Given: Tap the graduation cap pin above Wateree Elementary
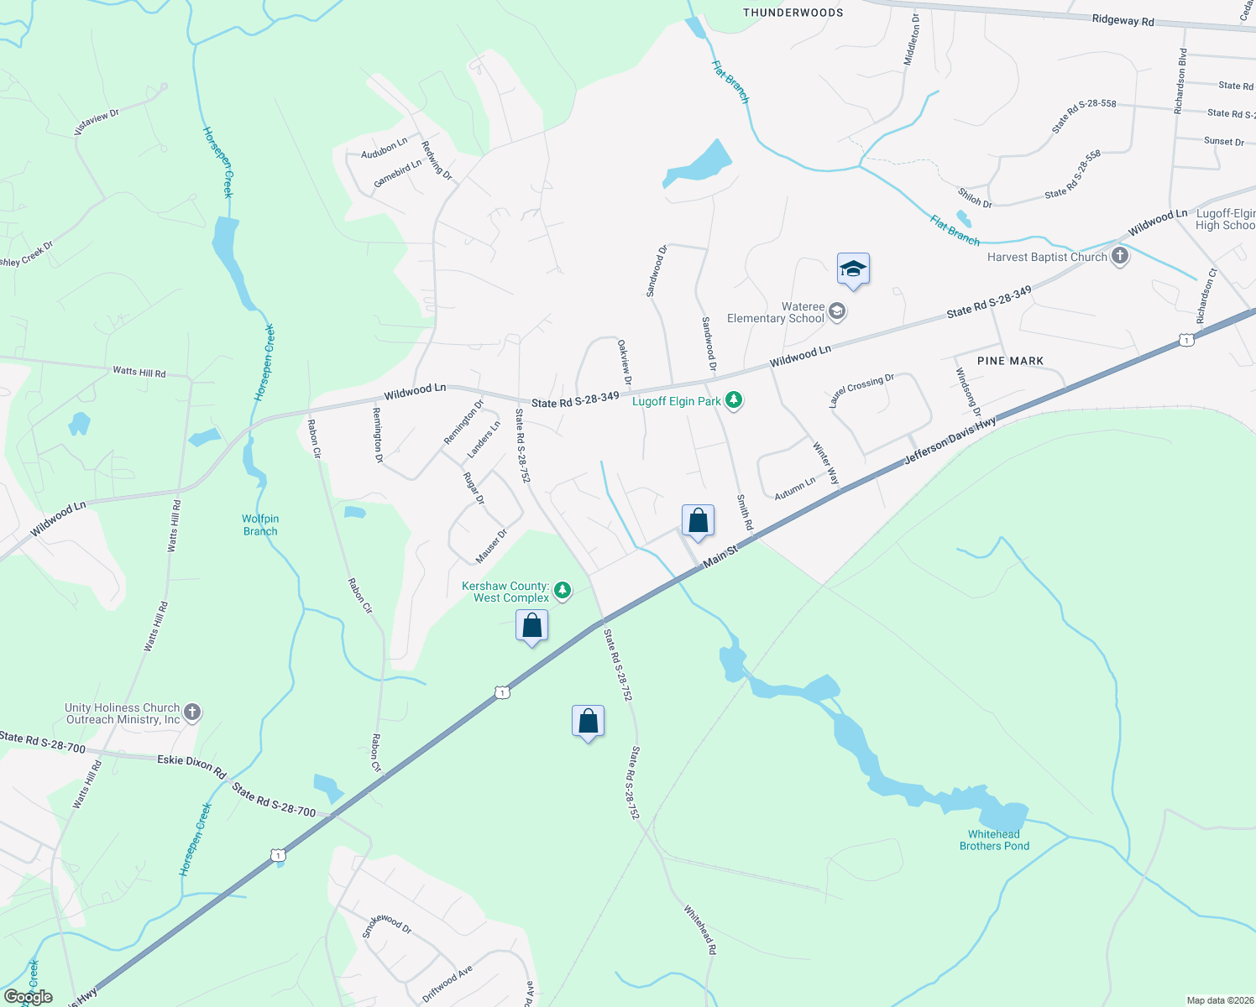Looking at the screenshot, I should point(853,270).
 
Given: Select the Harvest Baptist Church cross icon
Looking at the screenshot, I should point(1119,257).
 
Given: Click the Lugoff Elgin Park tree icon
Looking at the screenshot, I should point(734,400).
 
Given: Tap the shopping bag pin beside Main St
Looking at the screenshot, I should point(698,522).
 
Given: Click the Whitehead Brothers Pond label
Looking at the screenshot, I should point(994,840).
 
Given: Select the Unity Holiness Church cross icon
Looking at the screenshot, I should point(192,713).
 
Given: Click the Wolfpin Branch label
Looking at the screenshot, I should point(260,525).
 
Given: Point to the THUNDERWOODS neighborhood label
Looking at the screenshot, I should point(793,13).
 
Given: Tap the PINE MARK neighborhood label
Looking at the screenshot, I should point(1010,361).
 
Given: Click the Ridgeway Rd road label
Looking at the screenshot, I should point(1123,21).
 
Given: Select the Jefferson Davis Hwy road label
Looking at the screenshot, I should point(950,441).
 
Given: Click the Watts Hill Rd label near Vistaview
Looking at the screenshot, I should point(139,372).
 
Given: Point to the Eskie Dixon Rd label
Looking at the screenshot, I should point(191,765).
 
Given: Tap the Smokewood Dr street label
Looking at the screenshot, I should point(387,925).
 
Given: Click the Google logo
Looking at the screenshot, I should point(28,997).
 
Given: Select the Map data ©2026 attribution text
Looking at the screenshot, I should point(1219,1000).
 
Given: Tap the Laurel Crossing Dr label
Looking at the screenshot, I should point(861,391).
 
